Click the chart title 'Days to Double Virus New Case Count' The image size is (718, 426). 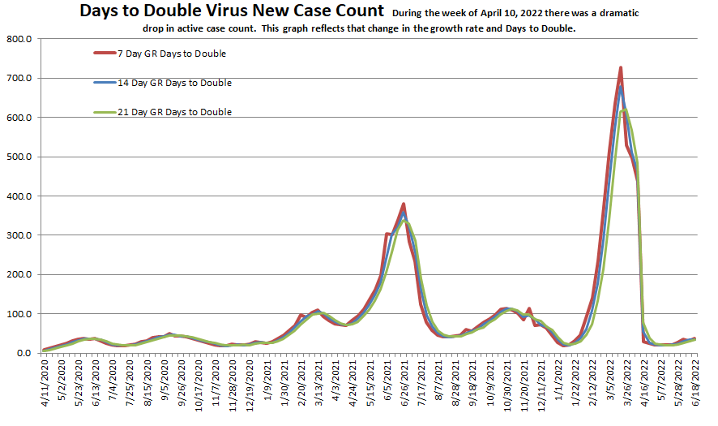click(x=231, y=11)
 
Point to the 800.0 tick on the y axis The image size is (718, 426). click(x=18, y=39)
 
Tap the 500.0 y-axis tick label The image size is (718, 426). click(x=18, y=157)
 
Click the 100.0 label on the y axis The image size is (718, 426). click(x=18, y=314)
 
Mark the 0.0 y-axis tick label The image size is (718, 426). click(x=23, y=353)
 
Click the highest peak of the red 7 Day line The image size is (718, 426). click(x=620, y=68)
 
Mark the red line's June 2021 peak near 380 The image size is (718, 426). click(x=403, y=204)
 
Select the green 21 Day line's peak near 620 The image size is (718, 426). click(x=624, y=110)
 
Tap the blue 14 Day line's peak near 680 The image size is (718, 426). click(x=621, y=87)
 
